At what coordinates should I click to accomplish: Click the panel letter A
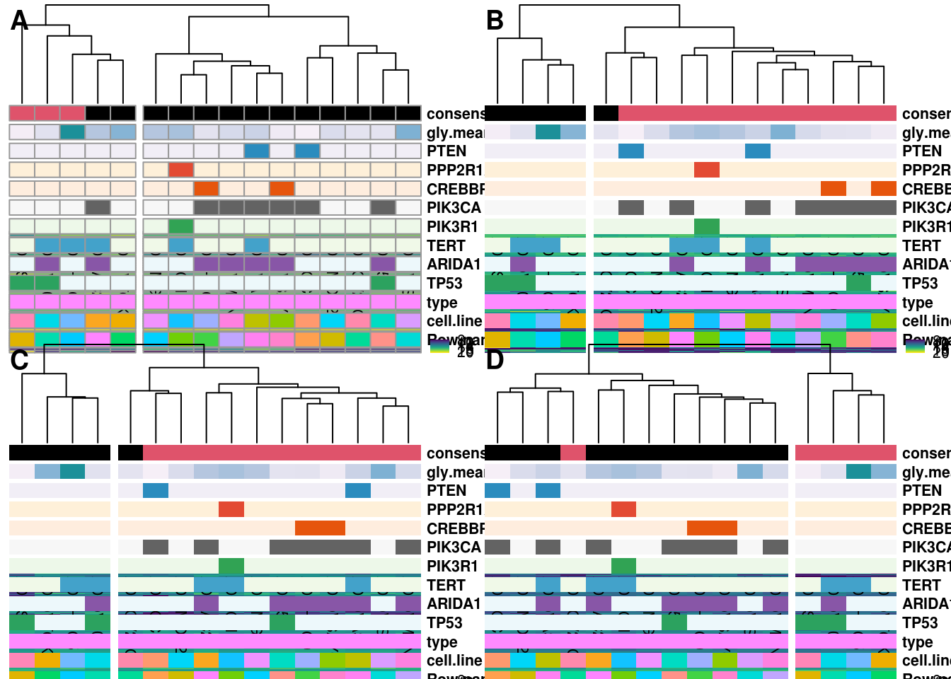click(x=19, y=21)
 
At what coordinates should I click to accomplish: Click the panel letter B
click(x=495, y=21)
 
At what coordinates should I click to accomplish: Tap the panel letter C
click(x=19, y=361)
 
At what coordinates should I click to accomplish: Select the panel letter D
click(x=495, y=361)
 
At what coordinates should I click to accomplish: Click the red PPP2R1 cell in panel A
click(x=181, y=170)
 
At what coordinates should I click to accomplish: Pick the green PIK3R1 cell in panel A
click(x=181, y=226)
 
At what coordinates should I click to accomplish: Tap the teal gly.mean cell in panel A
click(x=72, y=132)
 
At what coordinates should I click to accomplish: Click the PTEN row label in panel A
click(x=446, y=151)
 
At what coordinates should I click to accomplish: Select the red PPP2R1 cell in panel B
click(x=707, y=170)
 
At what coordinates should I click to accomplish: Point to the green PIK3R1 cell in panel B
click(x=707, y=226)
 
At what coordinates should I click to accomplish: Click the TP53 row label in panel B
click(x=920, y=284)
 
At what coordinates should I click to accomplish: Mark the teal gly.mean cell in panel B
click(x=548, y=132)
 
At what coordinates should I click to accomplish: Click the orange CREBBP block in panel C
click(x=320, y=528)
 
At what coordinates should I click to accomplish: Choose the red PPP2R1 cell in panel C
click(x=231, y=509)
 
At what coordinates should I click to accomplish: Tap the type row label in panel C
click(x=442, y=642)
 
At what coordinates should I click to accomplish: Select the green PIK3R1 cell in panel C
click(x=231, y=566)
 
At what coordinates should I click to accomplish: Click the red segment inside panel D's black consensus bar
click(x=573, y=453)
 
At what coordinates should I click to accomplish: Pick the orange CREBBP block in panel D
click(x=712, y=528)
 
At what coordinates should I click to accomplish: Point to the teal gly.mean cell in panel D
click(x=858, y=472)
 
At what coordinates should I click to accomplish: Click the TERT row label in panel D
click(x=921, y=586)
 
